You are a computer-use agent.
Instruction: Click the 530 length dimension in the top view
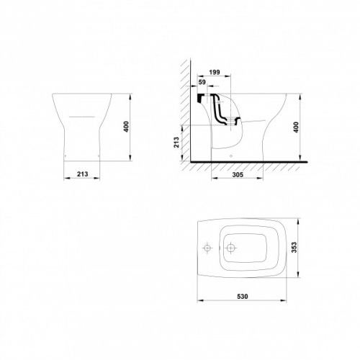243,297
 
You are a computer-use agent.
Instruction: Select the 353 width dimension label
294,248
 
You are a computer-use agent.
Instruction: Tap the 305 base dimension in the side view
238,175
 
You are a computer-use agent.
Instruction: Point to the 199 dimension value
215,72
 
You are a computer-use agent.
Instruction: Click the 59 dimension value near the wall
202,82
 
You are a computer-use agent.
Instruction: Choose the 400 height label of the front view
126,127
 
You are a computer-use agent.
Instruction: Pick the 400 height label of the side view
296,127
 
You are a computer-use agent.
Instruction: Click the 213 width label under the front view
82,174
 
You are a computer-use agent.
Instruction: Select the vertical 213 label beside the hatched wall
176,142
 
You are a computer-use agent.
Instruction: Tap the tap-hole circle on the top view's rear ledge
207,248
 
